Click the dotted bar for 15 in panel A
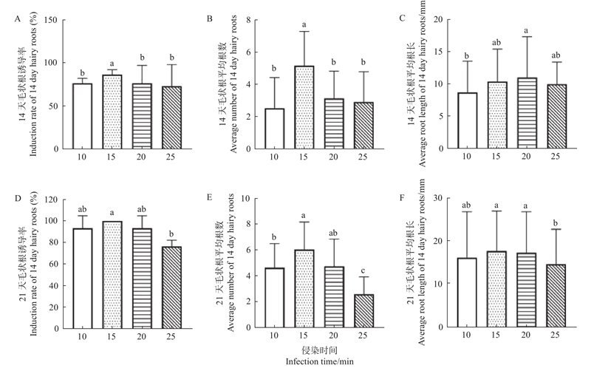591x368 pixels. (112, 112)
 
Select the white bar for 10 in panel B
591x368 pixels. (274, 129)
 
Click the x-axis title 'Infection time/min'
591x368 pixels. (318, 361)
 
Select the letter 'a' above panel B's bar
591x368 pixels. (304, 26)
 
